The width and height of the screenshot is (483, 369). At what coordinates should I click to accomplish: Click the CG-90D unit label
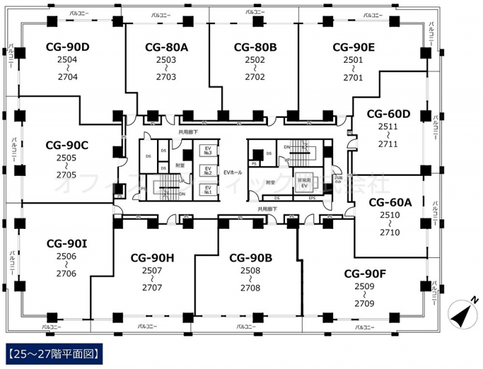point(68,46)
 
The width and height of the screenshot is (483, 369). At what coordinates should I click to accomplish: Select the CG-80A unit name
point(166,47)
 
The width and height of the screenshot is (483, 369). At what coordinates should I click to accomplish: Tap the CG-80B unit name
point(255,47)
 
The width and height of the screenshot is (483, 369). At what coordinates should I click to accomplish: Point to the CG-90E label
point(354,47)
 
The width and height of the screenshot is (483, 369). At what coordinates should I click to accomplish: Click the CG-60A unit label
point(390,202)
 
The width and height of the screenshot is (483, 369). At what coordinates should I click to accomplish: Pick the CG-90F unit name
point(365,273)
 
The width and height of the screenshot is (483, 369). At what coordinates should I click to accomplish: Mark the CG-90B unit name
point(251,258)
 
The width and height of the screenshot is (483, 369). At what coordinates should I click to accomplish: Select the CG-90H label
point(152,258)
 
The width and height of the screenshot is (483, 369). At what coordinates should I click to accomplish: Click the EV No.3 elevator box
point(206,150)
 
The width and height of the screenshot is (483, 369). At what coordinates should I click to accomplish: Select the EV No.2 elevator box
point(206,171)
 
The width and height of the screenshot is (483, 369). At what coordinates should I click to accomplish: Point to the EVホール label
point(232,173)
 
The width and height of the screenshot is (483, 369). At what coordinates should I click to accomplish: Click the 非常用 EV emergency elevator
point(306,183)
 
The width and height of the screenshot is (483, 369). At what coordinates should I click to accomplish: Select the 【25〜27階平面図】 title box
point(52,352)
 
